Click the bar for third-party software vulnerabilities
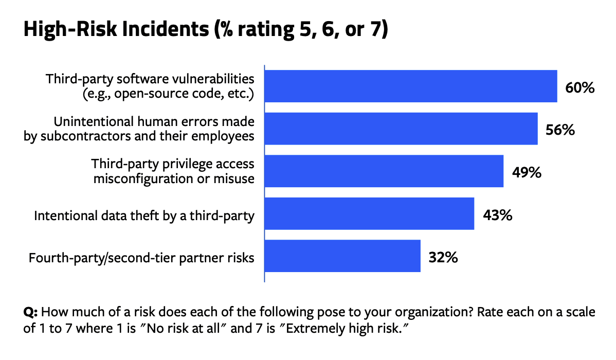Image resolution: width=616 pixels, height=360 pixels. pos(410,86)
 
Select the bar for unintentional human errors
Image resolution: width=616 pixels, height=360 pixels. pos(401,129)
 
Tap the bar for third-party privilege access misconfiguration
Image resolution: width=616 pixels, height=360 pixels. pos(384,171)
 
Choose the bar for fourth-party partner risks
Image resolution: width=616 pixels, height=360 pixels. pos(342,256)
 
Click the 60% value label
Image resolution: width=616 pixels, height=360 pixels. pos(579,87)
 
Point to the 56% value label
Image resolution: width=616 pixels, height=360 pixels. pos(559,130)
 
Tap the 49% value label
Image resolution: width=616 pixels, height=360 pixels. pos(526,172)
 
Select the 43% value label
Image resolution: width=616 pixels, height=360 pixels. pos(497,215)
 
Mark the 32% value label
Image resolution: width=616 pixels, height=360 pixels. pos(443,257)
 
